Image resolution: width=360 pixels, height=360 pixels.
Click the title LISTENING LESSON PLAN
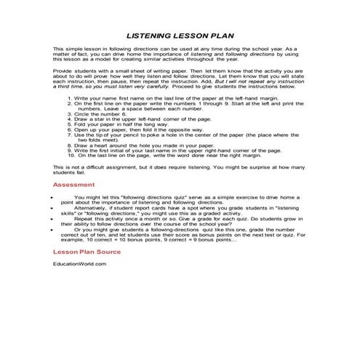180,33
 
